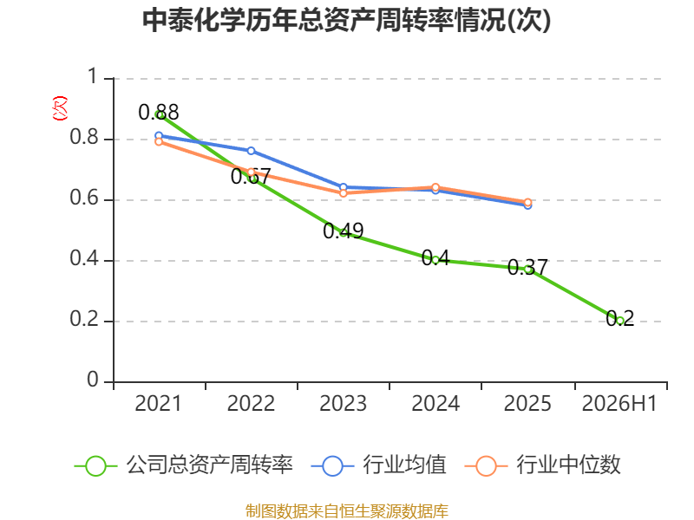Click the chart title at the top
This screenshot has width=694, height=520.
[x=346, y=20]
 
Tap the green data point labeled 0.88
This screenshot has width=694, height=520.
[x=159, y=115]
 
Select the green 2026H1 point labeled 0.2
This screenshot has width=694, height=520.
[x=619, y=321]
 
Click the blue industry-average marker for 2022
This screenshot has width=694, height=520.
[x=251, y=151]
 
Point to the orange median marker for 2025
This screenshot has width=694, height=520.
[x=527, y=202]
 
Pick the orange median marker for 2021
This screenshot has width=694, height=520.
[x=159, y=141]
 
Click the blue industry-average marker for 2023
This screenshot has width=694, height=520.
[x=343, y=187]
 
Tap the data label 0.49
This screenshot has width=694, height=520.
[x=343, y=231]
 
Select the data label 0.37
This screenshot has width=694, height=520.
[x=527, y=267]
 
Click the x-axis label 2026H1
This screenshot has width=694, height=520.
[x=619, y=403]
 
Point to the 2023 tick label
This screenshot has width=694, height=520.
[x=343, y=403]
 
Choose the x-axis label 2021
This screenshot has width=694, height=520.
[x=159, y=403]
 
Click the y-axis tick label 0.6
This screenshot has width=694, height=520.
[x=84, y=198]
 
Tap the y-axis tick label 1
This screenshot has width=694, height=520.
[x=92, y=76]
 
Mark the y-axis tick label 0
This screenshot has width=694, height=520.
[x=93, y=380]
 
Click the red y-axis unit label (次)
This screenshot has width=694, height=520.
[x=60, y=108]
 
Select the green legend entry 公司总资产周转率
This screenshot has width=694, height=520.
[x=184, y=465]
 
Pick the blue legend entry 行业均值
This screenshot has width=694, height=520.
[x=379, y=465]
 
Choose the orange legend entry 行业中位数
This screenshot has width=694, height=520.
[x=543, y=465]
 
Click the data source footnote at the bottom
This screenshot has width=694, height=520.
[x=347, y=511]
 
